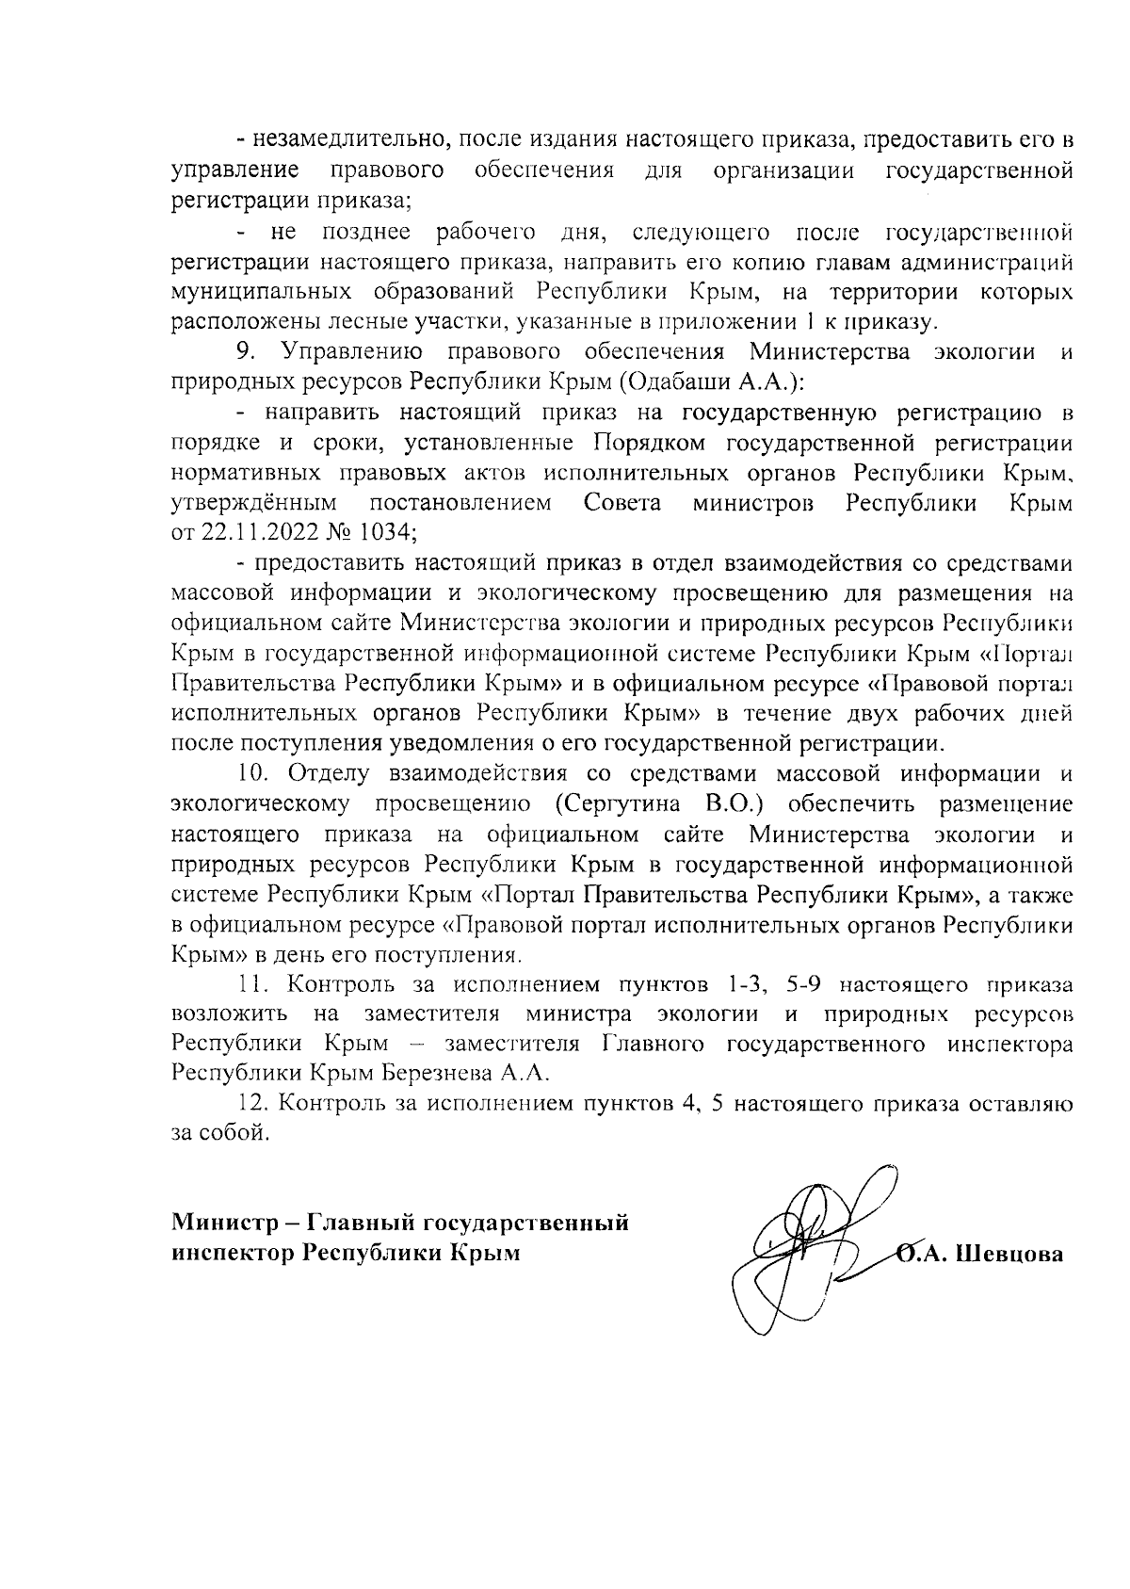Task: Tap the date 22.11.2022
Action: [253, 531]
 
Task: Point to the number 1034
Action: [383, 531]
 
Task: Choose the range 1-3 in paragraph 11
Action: [744, 985]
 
